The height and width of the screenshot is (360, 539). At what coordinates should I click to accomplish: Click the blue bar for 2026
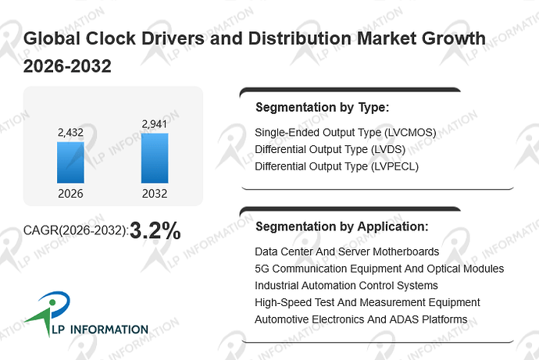point(70,162)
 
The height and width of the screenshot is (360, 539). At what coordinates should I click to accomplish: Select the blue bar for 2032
point(155,158)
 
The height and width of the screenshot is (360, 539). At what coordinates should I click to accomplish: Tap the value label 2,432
point(70,133)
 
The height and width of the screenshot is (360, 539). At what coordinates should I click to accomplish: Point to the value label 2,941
point(155,124)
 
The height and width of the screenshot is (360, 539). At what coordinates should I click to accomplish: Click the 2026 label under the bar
point(70,194)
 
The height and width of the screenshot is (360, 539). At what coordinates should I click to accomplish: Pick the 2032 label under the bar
point(155,194)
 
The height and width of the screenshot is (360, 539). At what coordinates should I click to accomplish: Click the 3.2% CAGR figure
point(155,230)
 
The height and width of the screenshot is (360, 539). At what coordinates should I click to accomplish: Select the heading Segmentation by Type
point(323,108)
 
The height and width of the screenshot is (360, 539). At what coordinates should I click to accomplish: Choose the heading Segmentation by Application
point(342,226)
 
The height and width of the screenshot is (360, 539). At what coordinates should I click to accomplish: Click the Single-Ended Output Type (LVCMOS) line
point(345,133)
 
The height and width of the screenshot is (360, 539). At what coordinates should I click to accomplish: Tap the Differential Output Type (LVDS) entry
point(330,150)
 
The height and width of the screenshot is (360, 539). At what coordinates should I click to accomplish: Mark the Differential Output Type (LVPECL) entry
point(337,166)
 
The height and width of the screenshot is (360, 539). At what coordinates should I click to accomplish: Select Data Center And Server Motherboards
point(347,251)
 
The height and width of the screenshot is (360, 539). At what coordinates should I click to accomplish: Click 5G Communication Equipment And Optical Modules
point(379,269)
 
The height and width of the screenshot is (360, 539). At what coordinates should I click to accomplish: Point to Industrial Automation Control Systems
point(346,286)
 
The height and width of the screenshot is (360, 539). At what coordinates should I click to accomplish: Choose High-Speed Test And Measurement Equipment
point(367,303)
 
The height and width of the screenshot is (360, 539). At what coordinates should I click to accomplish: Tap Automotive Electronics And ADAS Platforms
point(361,319)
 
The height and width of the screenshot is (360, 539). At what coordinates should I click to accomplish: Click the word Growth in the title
point(454,38)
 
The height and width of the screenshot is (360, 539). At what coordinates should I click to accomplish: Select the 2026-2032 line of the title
point(67,66)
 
